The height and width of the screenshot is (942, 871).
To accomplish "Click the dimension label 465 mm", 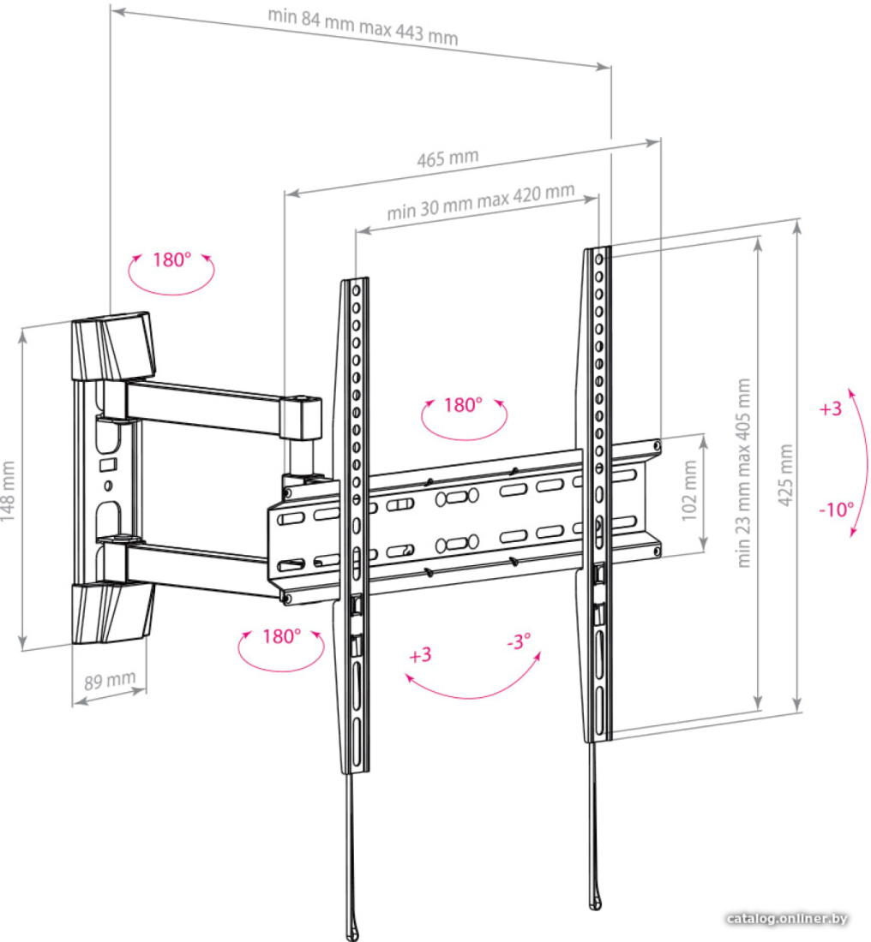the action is pyautogui.click(x=448, y=158).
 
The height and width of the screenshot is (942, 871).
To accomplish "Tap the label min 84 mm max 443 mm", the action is pyautogui.click(x=363, y=27).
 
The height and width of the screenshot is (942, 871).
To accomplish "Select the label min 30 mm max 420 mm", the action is pyautogui.click(x=481, y=202).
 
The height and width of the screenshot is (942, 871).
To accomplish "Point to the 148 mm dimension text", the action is pyautogui.click(x=8, y=492).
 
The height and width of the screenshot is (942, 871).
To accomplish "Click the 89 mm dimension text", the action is pyautogui.click(x=110, y=680).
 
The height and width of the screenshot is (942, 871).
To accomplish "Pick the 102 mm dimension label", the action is pyautogui.click(x=689, y=491).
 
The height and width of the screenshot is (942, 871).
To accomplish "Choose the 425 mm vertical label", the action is pyautogui.click(x=785, y=475).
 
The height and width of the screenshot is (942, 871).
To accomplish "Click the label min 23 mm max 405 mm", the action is pyautogui.click(x=744, y=473).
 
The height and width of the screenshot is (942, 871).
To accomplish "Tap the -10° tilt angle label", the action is pyautogui.click(x=836, y=510).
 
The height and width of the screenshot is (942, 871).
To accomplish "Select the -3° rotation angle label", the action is pyautogui.click(x=519, y=641).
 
